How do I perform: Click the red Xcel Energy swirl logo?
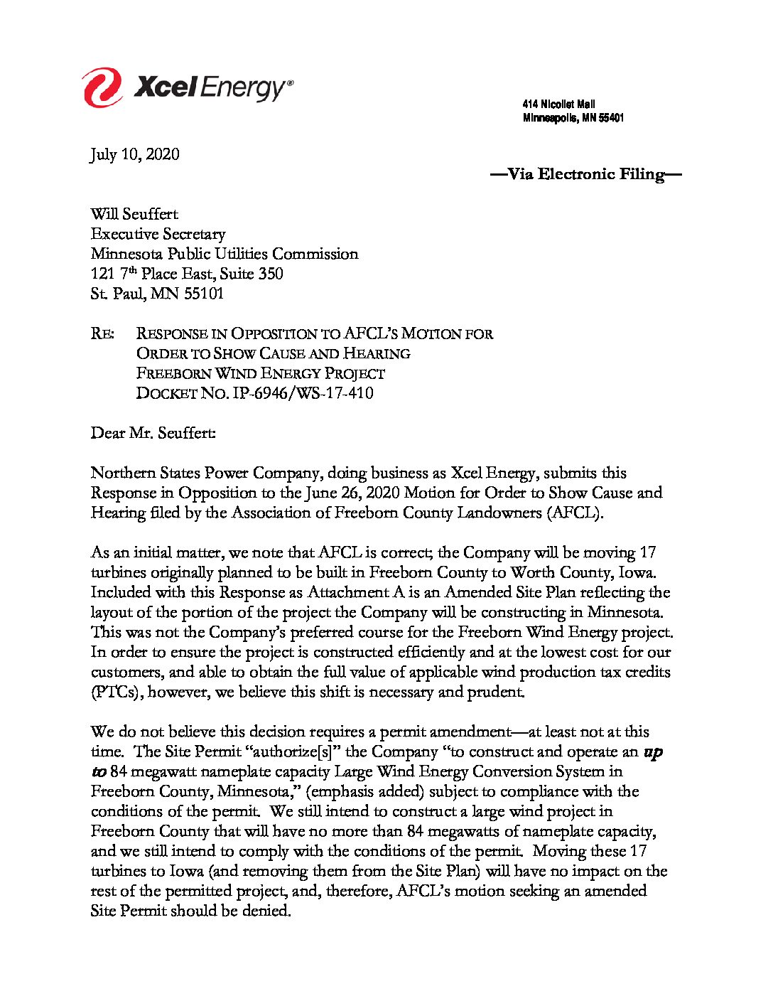tap(102, 87)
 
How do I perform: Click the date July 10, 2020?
tap(135, 154)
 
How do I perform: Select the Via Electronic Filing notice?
tap(586, 174)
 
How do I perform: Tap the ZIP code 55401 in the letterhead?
tap(611, 118)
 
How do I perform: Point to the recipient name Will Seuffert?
tap(134, 214)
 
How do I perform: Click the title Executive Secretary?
tap(158, 234)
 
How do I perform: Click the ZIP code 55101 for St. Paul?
tap(204, 294)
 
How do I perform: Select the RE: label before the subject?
tap(102, 333)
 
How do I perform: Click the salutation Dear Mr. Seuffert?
tap(153, 433)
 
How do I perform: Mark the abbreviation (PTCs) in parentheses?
tap(115, 692)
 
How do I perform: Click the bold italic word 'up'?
tap(653, 751)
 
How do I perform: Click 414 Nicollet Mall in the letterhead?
tap(558, 105)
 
